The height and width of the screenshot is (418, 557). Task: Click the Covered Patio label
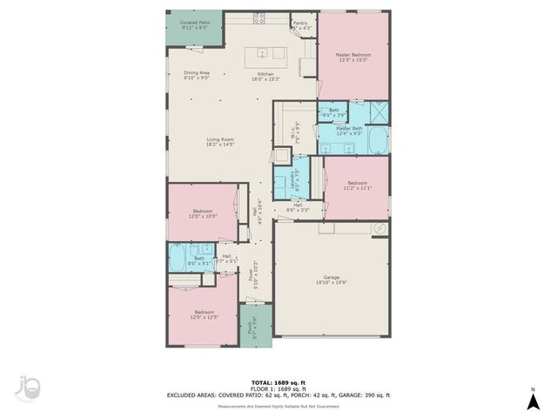click(194, 25)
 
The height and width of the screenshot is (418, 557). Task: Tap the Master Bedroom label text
click(353, 57)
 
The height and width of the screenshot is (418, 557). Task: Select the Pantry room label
click(300, 26)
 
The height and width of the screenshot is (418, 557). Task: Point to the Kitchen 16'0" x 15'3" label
click(265, 78)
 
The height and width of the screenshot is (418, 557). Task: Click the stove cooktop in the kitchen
click(259, 17)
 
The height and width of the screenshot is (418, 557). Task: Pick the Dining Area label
click(196, 76)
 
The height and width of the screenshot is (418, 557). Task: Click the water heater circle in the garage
click(379, 227)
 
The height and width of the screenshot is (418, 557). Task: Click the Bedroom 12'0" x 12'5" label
click(204, 314)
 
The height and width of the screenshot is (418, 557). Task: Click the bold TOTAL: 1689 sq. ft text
click(278, 382)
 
